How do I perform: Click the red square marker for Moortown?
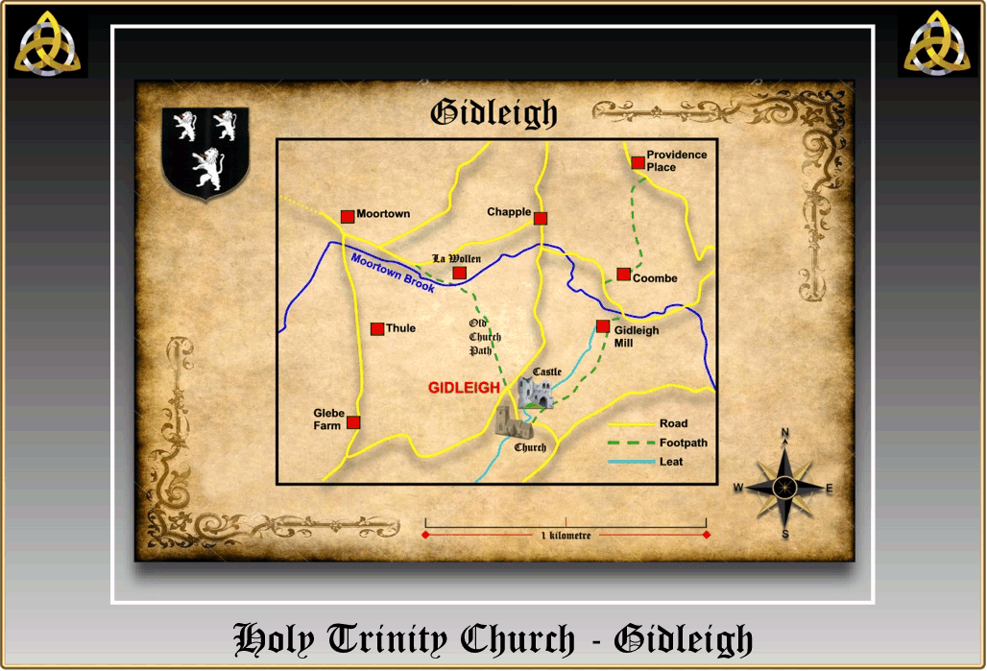tap(348, 217)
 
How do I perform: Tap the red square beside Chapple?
tap(541, 219)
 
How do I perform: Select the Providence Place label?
tap(676, 161)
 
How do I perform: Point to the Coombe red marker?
tap(623, 275)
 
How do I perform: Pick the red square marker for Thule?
tap(377, 328)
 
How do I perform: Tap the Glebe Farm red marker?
tap(353, 422)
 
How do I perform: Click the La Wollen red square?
tap(459, 273)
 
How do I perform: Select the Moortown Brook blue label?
tap(393, 274)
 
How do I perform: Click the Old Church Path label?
tap(485, 337)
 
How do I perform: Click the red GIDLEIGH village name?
tap(464, 388)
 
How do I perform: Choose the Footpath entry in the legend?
tap(683, 443)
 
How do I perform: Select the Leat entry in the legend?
tap(671, 462)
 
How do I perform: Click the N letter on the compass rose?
tap(785, 434)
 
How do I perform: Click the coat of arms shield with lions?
tap(206, 154)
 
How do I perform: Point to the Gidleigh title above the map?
tap(493, 113)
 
